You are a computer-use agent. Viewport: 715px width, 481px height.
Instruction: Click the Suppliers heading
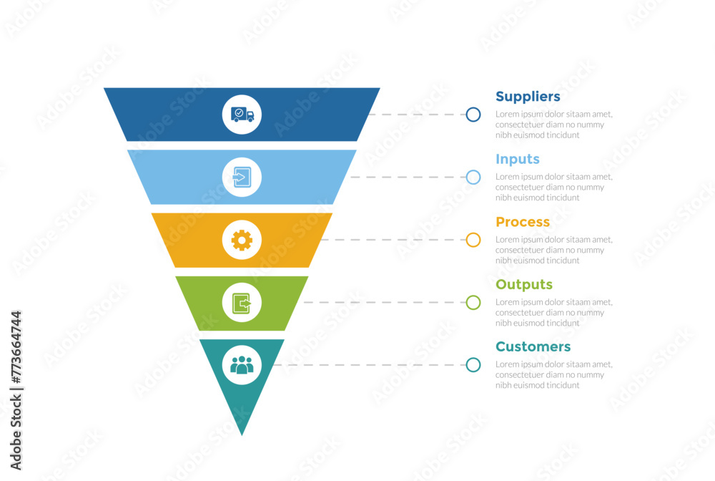[x=528, y=97]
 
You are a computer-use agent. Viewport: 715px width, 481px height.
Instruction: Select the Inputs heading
[x=518, y=159]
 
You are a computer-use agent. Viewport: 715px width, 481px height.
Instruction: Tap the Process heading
[x=523, y=222]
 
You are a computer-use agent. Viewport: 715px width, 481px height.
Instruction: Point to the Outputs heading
[x=524, y=284]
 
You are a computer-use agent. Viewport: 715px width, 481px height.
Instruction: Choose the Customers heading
[x=533, y=346]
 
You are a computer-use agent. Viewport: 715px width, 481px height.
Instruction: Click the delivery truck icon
[x=242, y=115]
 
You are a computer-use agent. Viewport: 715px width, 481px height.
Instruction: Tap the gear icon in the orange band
[x=242, y=240]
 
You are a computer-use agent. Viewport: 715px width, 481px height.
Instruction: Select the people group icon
[x=242, y=365]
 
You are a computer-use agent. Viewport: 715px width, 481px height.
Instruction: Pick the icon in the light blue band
[x=242, y=177]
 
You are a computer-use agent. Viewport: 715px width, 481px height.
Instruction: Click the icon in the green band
[x=242, y=303]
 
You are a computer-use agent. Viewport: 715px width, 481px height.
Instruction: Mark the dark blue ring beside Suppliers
[x=473, y=115]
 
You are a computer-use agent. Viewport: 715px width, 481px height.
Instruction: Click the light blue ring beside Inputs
[x=473, y=177]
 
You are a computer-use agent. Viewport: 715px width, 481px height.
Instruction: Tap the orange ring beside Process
[x=473, y=240]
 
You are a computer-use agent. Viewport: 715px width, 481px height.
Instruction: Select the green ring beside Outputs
[x=473, y=303]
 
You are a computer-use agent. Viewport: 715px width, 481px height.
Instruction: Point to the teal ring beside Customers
[x=473, y=365]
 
